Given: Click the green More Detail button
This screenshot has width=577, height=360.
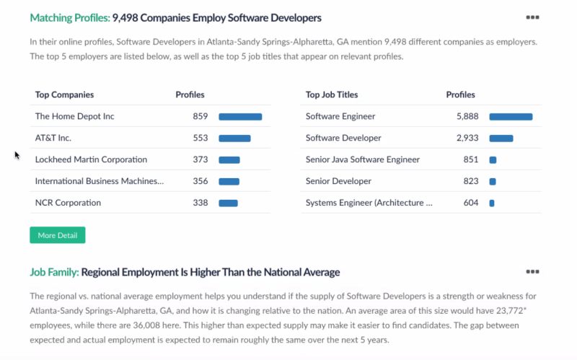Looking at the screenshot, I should point(57,235).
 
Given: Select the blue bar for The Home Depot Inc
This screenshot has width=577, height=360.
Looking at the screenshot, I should point(240,116).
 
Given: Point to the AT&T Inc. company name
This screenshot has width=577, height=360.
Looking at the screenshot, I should point(53,138).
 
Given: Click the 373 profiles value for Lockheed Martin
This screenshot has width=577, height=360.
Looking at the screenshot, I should point(200,159).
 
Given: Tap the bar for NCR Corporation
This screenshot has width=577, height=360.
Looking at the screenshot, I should point(228,203).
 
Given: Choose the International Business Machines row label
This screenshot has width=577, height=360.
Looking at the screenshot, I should point(100,181).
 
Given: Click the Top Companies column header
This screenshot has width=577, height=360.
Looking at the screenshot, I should point(64,95).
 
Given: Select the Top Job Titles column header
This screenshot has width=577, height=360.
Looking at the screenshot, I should point(332,95).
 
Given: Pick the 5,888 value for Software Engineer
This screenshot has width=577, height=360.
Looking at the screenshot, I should point(467,116).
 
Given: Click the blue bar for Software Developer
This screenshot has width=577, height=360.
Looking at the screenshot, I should point(501,138).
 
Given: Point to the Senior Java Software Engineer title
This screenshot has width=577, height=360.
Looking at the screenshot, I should point(362,159).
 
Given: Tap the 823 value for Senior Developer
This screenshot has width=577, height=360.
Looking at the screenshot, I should point(470,181).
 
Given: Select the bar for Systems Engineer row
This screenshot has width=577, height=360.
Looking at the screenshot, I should point(492,203).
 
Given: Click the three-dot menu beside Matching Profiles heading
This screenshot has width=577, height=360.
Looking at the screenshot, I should point(532,17).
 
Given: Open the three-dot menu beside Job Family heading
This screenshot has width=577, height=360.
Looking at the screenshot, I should point(532,272).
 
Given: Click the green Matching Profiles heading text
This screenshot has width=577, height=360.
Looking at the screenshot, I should point(70,17).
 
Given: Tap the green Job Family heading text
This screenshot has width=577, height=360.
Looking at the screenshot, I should point(54,272).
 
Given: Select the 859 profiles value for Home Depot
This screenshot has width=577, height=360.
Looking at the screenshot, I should point(200,116).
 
